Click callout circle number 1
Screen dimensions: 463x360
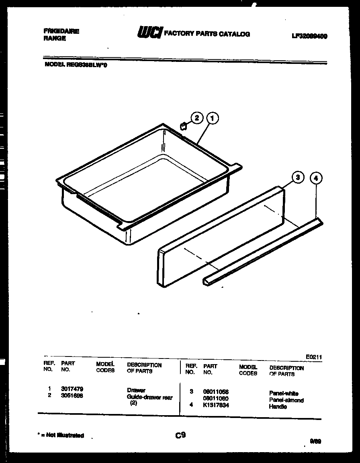[x=212, y=118]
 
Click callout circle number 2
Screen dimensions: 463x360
[x=196, y=118]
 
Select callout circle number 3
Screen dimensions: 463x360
[x=297, y=177]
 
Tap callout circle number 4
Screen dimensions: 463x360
[x=316, y=178]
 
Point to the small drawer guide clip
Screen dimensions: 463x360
[x=183, y=127]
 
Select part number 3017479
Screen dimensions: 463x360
[x=72, y=389]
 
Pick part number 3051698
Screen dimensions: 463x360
[x=72, y=395]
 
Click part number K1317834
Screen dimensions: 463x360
[x=216, y=405]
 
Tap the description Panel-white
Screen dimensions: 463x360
[x=284, y=394]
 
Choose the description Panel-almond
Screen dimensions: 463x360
[x=286, y=400]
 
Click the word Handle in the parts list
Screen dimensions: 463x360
[x=278, y=407]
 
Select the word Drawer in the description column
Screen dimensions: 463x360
[x=136, y=390]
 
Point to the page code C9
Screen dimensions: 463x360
[x=180, y=434]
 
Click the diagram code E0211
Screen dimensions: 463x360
[x=314, y=356]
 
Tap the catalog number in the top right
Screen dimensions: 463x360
[x=309, y=36]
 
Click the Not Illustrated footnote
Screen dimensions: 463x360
[x=61, y=435]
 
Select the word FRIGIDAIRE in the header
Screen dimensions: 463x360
[x=61, y=31]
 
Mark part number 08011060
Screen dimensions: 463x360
[x=216, y=398]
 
